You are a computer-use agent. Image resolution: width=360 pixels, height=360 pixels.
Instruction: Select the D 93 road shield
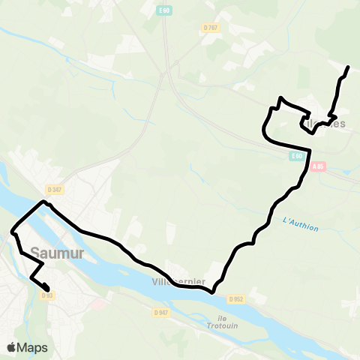point(47,295)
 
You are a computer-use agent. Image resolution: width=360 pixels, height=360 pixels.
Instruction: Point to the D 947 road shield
point(160,312)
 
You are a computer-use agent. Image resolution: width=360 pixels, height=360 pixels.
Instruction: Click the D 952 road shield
point(238,298)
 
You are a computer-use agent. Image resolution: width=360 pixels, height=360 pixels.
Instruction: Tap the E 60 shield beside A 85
point(298,156)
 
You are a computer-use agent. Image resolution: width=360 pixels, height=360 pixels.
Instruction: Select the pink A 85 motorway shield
point(319,166)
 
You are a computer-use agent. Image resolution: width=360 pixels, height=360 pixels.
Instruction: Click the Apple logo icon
point(12,347)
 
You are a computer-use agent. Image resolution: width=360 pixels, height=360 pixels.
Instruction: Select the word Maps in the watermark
point(32,347)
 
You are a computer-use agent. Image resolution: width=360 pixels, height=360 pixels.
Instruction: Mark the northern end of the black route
point(349,68)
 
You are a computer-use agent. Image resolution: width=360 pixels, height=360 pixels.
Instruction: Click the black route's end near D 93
point(48,289)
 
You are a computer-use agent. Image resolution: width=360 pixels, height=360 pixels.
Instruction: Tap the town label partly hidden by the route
point(330,123)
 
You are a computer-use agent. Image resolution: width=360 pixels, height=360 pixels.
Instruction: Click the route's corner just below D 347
point(43,201)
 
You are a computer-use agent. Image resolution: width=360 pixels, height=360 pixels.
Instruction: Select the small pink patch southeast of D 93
point(95,304)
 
